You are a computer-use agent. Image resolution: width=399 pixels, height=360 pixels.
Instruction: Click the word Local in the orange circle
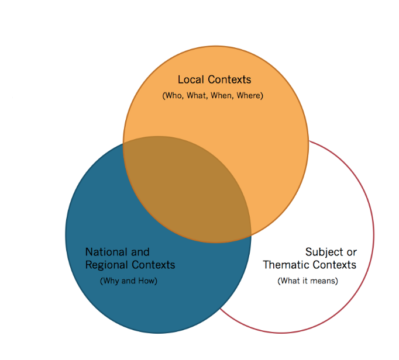(x=190, y=79)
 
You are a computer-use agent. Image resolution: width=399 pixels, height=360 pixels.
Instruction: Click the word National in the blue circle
(x=106, y=252)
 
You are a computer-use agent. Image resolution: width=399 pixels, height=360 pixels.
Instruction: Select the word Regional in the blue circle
(x=106, y=265)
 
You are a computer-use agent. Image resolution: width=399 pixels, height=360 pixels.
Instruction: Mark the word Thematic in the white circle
(x=285, y=265)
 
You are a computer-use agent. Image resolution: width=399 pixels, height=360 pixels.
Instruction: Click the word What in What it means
(x=291, y=281)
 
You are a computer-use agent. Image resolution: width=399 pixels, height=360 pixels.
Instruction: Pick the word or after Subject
(x=351, y=252)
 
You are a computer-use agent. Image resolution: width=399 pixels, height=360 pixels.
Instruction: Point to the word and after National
(x=140, y=252)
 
